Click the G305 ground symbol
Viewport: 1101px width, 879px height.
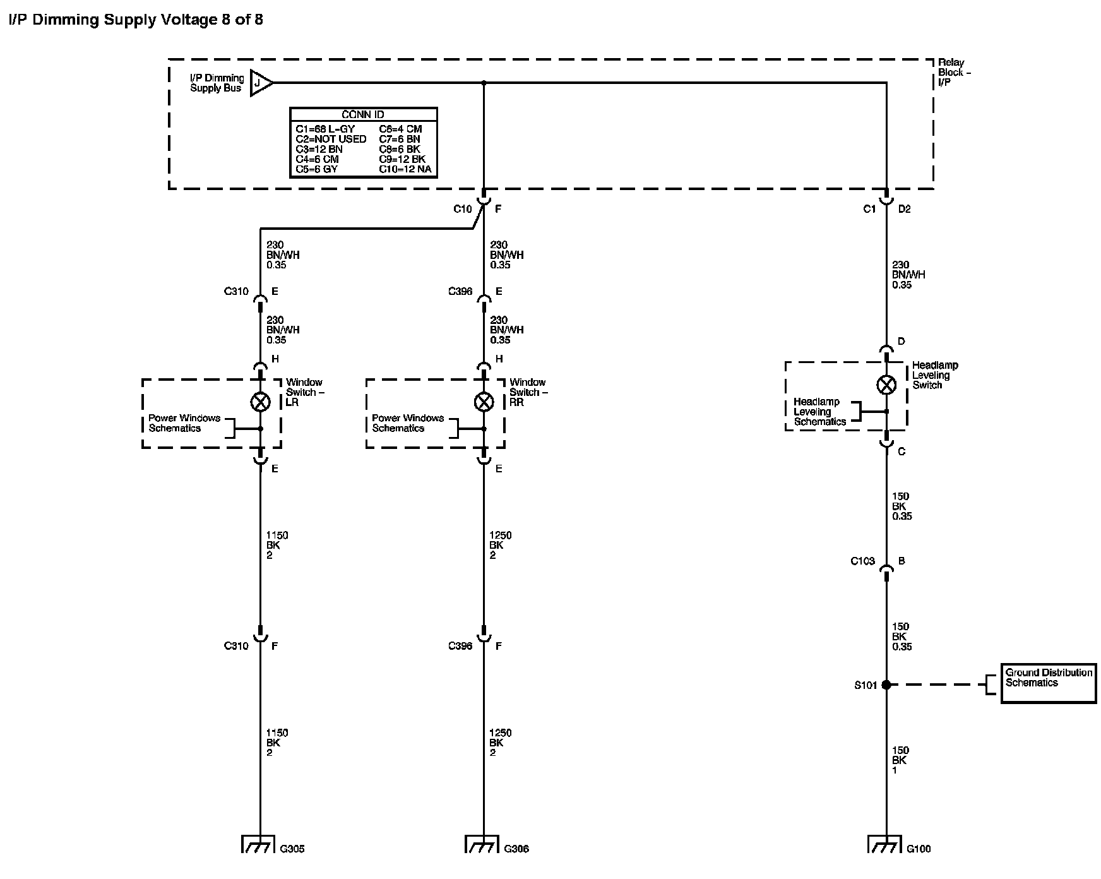click(x=259, y=844)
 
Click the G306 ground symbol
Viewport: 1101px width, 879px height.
click(x=483, y=844)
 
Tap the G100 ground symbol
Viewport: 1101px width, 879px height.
click(x=886, y=844)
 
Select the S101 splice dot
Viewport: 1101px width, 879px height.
click(x=886, y=685)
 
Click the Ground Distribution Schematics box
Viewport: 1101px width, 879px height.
click(x=1049, y=682)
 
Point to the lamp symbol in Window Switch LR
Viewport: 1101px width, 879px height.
click(x=260, y=402)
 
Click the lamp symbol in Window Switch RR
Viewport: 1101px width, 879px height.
click(x=484, y=402)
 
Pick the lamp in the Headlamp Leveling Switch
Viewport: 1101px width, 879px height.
click(x=886, y=385)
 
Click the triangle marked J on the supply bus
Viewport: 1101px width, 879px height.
click(x=260, y=83)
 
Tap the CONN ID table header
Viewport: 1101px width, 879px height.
click(x=363, y=115)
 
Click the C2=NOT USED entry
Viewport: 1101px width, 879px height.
click(x=331, y=139)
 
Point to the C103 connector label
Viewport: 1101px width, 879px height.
click(x=862, y=561)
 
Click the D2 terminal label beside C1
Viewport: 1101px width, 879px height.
click(x=904, y=209)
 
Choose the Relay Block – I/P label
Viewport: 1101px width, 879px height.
click(x=954, y=73)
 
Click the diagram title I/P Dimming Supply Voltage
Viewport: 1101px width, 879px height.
click(x=136, y=20)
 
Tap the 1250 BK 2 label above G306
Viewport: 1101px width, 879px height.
click(x=500, y=743)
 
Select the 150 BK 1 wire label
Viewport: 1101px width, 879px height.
click(x=900, y=760)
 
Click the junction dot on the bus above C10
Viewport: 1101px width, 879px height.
click(x=484, y=83)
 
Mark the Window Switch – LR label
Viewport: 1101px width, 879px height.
click(x=304, y=392)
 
